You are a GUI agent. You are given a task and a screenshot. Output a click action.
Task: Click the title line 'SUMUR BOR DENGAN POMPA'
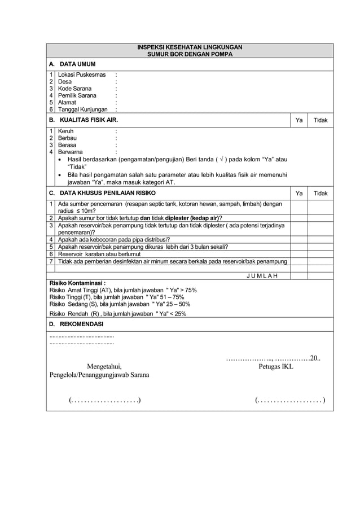[x=190, y=55]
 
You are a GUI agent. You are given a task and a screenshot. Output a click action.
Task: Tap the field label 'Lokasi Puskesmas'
[x=82, y=74]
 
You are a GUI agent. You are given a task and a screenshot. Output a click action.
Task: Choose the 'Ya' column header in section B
[x=299, y=121]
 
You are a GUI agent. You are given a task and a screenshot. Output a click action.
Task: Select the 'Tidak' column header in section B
[x=321, y=121]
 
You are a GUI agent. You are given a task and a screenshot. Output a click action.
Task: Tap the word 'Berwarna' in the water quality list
[x=71, y=152]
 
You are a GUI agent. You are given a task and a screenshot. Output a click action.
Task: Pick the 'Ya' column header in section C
[x=299, y=194]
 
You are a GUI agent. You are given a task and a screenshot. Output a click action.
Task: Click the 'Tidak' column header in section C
[x=321, y=194]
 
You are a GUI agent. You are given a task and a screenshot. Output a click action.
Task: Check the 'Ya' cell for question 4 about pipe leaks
[x=299, y=239]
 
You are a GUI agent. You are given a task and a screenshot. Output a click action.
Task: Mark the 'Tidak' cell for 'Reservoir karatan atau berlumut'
[x=321, y=254]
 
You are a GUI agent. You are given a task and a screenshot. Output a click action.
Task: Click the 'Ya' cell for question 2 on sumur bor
[x=299, y=218]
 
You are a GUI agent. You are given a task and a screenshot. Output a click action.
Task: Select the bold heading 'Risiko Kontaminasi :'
[x=78, y=283]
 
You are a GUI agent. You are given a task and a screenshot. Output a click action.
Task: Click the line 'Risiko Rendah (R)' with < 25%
[x=118, y=313]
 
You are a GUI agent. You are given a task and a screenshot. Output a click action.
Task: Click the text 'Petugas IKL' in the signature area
[x=276, y=367]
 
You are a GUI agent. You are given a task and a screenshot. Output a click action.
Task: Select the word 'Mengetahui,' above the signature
[x=104, y=366]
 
